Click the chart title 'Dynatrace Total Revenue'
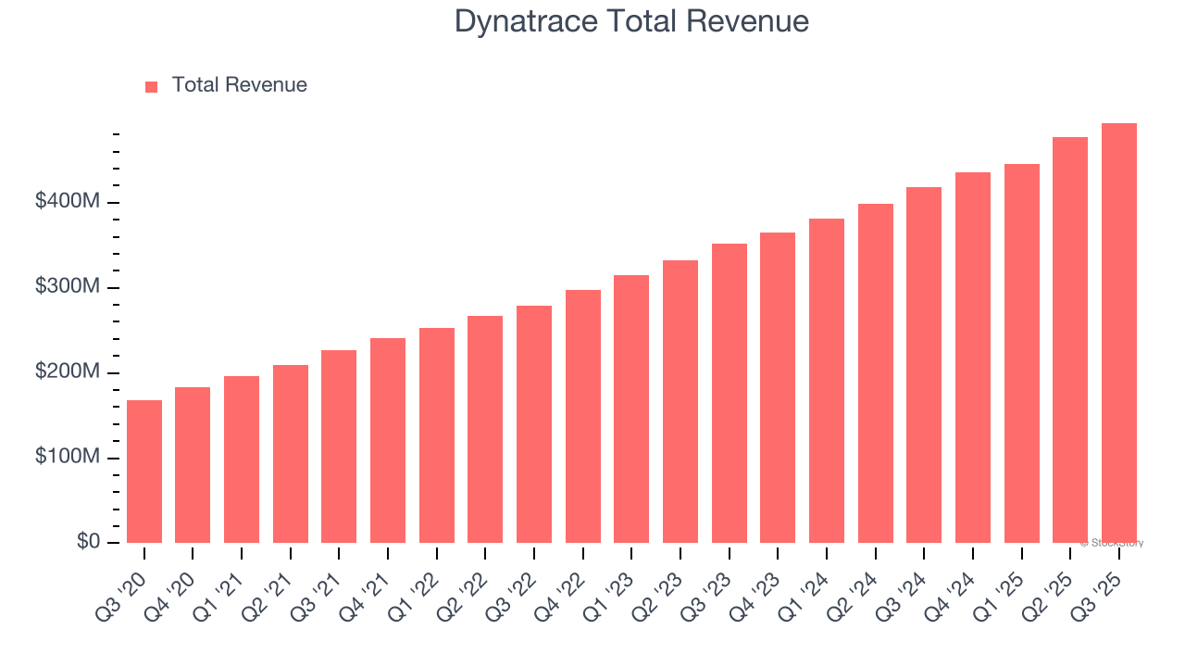pyautogui.click(x=631, y=21)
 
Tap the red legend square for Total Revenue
pyautogui.click(x=152, y=86)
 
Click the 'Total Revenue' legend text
pyautogui.click(x=239, y=85)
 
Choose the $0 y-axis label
pyautogui.click(x=88, y=541)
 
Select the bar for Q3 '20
pyautogui.click(x=144, y=472)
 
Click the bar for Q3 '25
pyautogui.click(x=1118, y=333)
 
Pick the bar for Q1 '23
pyautogui.click(x=631, y=409)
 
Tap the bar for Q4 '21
pyautogui.click(x=388, y=440)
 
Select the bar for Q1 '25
pyautogui.click(x=1021, y=353)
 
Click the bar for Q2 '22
pyautogui.click(x=485, y=429)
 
